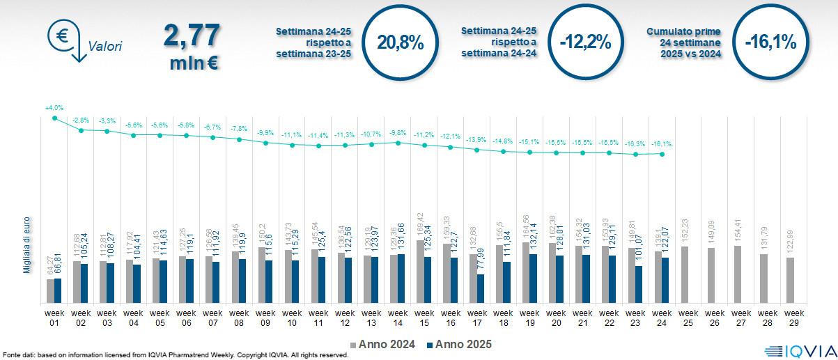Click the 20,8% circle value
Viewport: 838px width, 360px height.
pyautogui.click(x=400, y=42)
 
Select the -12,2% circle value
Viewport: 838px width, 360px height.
pyautogui.click(x=585, y=42)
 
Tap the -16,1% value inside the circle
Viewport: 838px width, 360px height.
pyautogui.click(x=770, y=42)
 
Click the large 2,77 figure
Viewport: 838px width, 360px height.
pyautogui.click(x=192, y=36)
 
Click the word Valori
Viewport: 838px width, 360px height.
pyautogui.click(x=105, y=47)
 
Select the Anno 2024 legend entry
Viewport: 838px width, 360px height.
pyautogui.click(x=384, y=344)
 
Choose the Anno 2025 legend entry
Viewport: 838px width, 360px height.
pyautogui.click(x=459, y=344)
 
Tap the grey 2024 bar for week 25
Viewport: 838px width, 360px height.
pyautogui.click(x=685, y=274)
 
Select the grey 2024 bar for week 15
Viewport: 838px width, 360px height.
pyautogui.click(x=420, y=272)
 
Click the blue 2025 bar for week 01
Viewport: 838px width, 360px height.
pyautogui.click(x=58, y=291)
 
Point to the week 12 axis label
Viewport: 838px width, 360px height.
pyautogui.click(x=345, y=318)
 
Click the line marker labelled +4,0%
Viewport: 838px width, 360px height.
pyautogui.click(x=54, y=118)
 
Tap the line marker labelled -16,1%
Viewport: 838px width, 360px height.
pyautogui.click(x=662, y=154)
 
